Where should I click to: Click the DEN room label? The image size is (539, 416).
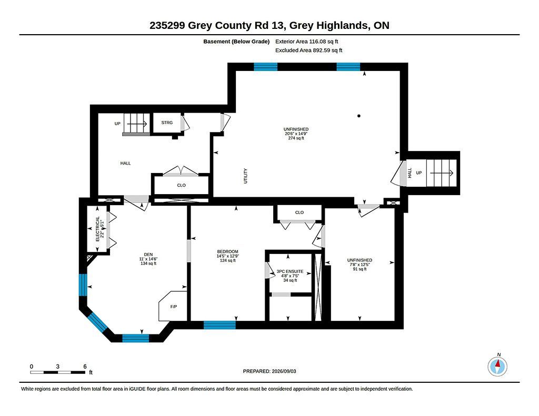(148, 255)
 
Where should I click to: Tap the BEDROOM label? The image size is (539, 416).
(227, 251)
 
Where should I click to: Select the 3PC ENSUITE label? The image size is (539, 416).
(290, 271)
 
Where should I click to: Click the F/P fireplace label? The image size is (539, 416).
(174, 307)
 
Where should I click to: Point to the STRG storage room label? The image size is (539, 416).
(167, 123)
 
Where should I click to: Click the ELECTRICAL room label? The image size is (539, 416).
(97, 229)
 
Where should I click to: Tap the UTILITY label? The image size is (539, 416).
(245, 176)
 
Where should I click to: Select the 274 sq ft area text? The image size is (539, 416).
(296, 138)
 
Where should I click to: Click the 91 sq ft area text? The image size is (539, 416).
(360, 269)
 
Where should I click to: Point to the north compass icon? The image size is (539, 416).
(497, 367)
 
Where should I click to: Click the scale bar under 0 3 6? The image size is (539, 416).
(58, 372)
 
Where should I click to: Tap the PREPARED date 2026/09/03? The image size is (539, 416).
(284, 371)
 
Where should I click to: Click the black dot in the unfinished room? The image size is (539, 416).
(359, 116)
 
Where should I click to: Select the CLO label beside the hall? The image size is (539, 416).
(181, 185)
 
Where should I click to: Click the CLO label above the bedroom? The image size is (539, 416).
(300, 212)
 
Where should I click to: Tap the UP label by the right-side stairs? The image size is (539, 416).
(418, 173)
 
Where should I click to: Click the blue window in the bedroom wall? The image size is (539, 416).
(219, 325)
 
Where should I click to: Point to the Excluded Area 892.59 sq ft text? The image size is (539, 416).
(308, 50)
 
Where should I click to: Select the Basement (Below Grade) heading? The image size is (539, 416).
(236, 42)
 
